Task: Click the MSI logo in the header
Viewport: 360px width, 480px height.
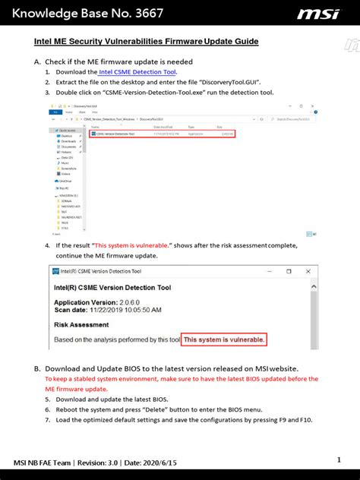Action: pos(318,14)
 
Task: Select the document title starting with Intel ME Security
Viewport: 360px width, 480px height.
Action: pos(147,43)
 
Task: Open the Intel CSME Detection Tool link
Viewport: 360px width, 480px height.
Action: pos(137,71)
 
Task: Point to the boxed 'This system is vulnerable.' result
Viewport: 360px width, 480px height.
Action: pos(229,339)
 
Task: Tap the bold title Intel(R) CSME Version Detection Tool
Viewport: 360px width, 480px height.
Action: pos(112,288)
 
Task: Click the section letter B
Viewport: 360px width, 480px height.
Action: pos(36,368)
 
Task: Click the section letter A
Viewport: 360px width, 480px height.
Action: pos(36,62)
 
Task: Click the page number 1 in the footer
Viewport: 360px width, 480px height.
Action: pos(339,459)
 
